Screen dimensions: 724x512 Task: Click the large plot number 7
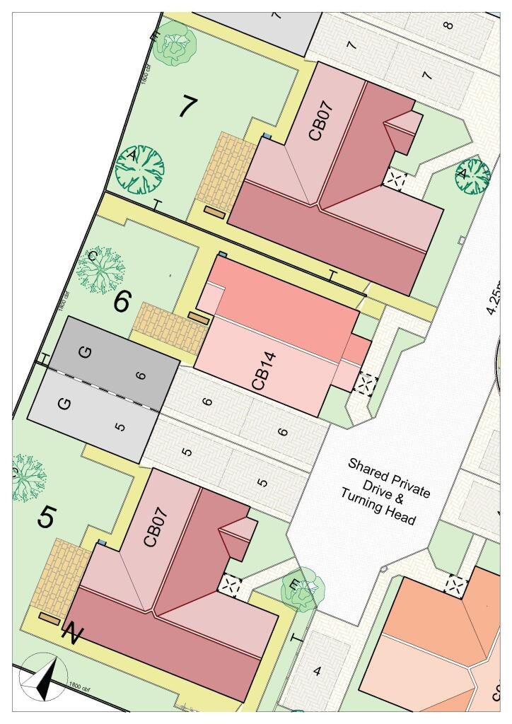click(x=187, y=106)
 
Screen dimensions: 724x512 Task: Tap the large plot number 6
click(x=122, y=302)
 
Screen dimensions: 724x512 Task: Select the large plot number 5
click(x=47, y=518)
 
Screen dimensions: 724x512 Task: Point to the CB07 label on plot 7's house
click(x=320, y=122)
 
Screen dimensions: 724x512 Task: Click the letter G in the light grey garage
click(x=64, y=404)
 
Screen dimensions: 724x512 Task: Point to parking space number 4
click(x=316, y=671)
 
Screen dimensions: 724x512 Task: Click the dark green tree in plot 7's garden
click(x=140, y=170)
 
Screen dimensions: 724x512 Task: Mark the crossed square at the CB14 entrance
click(x=366, y=385)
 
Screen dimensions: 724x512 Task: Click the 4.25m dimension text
click(x=496, y=297)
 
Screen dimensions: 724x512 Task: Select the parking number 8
click(x=447, y=27)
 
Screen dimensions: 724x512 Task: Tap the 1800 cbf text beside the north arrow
click(x=81, y=685)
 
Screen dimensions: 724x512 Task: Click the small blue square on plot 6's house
click(x=223, y=253)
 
